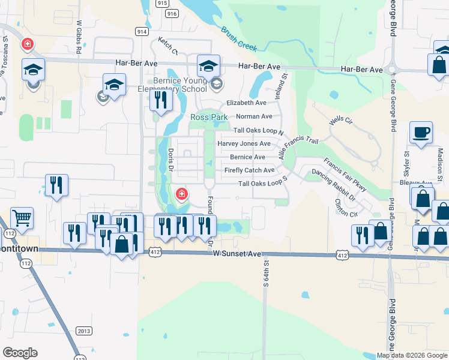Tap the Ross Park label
(x=206, y=117)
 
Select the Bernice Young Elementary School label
(x=172, y=85)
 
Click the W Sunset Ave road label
(x=237, y=255)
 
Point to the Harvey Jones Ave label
(x=244, y=143)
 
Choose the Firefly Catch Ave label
(x=249, y=170)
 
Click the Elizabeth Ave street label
(x=246, y=103)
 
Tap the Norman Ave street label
(x=254, y=116)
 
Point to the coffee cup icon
(x=421, y=133)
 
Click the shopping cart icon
(x=22, y=218)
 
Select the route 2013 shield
(x=84, y=331)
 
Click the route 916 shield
(x=172, y=13)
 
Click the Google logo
(x=20, y=353)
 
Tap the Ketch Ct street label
(x=168, y=45)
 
